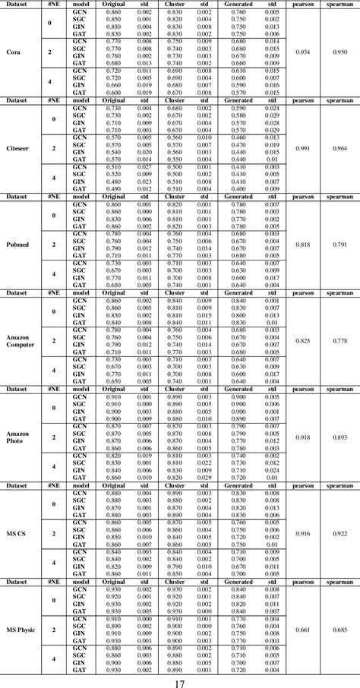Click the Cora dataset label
(13, 52)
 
